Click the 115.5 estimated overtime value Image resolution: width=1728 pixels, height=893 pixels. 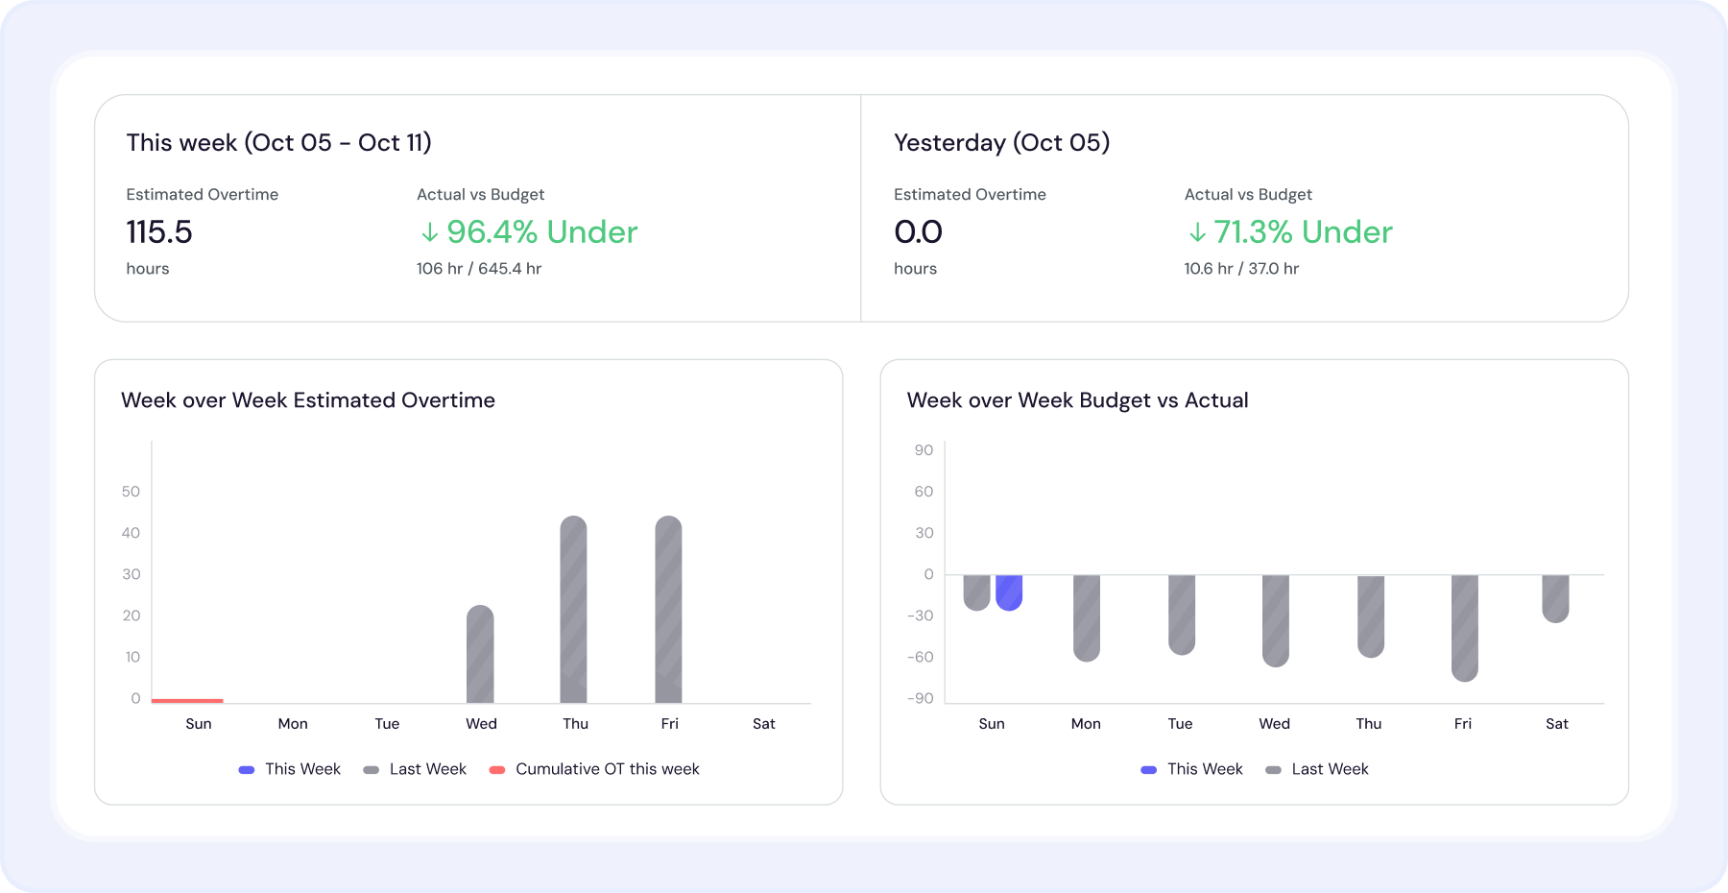(x=159, y=232)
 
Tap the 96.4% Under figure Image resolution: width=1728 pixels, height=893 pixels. (x=529, y=232)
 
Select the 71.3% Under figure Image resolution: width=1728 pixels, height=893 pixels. (x=1290, y=232)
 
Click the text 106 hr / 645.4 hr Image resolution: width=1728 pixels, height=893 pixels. (x=479, y=269)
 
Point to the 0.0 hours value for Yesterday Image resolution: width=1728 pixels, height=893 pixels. (x=918, y=232)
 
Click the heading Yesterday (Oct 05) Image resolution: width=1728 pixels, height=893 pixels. (x=1001, y=143)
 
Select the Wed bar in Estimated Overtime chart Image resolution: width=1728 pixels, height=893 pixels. (x=480, y=655)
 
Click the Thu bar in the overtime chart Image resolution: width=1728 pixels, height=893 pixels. (x=574, y=610)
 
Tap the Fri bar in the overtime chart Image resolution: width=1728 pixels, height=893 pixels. (x=668, y=610)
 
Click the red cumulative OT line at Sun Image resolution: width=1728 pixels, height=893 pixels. (x=187, y=700)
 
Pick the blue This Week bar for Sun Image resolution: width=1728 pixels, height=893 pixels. (x=1009, y=592)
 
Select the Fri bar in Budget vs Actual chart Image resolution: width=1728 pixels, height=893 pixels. (x=1464, y=627)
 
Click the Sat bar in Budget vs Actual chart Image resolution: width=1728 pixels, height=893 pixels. (x=1555, y=598)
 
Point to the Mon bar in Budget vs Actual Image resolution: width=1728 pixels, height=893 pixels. (x=1087, y=617)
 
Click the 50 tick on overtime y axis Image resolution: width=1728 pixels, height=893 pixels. (x=131, y=492)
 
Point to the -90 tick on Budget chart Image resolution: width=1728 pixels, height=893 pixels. (x=920, y=698)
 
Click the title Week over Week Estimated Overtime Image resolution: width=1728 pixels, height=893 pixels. (x=308, y=400)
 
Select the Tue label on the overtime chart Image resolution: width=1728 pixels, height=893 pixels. (x=387, y=724)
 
